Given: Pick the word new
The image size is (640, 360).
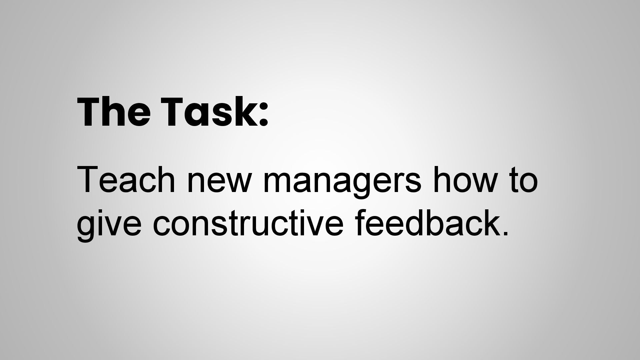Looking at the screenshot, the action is [x=219, y=184].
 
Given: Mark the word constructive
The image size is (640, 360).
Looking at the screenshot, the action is [x=248, y=223].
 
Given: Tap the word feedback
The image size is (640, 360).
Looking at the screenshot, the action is [x=427, y=222].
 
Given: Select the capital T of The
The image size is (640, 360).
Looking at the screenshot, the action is [x=90, y=112].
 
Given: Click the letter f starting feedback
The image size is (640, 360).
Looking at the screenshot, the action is [x=361, y=222].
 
